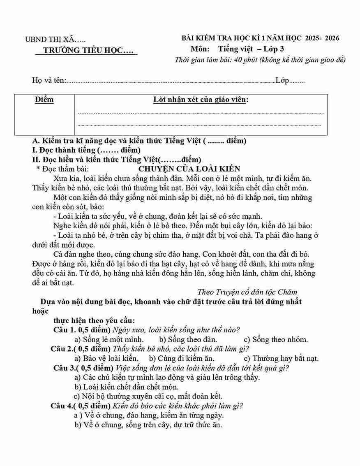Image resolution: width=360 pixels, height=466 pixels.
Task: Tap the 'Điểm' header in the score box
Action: click(x=44, y=100)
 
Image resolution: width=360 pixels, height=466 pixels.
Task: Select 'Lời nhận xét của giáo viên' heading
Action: click(x=201, y=100)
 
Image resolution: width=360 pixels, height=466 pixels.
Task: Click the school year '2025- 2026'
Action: click(x=322, y=38)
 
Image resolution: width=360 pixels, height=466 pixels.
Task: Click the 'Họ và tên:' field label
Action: click(x=49, y=81)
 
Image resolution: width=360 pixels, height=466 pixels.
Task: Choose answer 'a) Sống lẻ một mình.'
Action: click(x=109, y=340)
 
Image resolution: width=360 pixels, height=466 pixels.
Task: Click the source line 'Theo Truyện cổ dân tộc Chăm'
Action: click(x=247, y=292)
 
